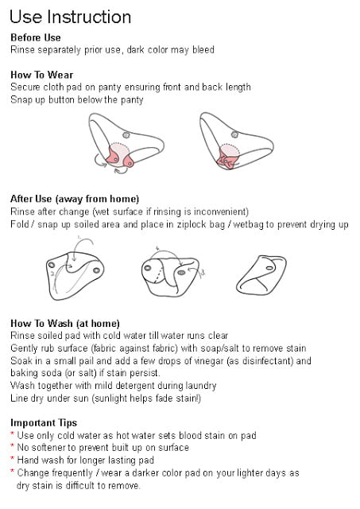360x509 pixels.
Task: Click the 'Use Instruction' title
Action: [71, 17]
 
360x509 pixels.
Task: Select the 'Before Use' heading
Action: [35, 37]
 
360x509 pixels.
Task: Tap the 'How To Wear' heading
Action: [41, 75]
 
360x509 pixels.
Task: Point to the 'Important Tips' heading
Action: [44, 423]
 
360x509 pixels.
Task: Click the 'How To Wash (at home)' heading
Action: [65, 324]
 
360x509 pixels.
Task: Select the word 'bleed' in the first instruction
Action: [203, 50]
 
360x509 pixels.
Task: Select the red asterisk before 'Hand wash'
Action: [13, 459]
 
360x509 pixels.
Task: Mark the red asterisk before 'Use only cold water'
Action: [13, 433]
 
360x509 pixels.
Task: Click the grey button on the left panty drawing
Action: [126, 134]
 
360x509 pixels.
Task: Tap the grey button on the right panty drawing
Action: [234, 134]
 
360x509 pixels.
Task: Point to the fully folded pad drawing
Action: [261, 274]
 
